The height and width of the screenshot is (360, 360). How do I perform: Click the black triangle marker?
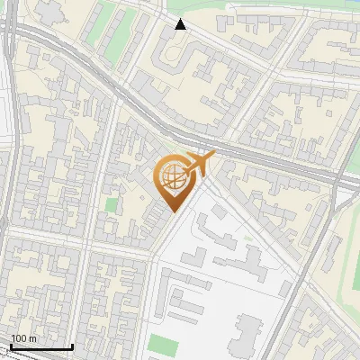tap(180, 24)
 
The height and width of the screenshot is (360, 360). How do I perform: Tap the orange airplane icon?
tap(197, 165)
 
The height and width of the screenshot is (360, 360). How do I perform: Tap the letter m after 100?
tap(33, 338)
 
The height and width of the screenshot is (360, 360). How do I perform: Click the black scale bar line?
tap(40, 346)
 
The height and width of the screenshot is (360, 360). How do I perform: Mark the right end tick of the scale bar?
tap(72, 344)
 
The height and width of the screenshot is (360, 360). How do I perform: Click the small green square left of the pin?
tap(112, 205)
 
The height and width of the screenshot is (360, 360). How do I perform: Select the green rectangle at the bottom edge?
tap(161, 345)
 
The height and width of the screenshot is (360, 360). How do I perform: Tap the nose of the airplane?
tap(212, 157)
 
